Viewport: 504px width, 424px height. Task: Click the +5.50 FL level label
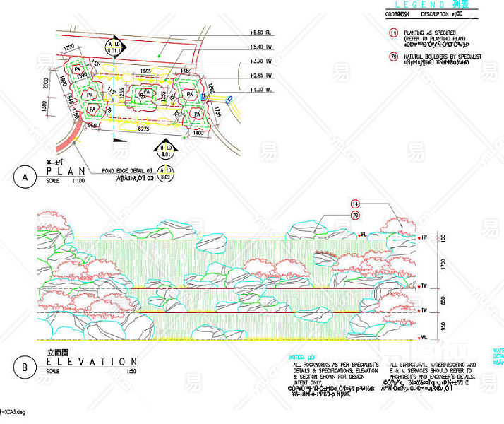(260, 33)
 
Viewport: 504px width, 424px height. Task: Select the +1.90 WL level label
(260, 90)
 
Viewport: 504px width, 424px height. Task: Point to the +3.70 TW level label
(260, 62)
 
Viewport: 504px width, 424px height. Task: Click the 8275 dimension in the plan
(143, 129)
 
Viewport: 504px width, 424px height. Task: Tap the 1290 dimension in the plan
(69, 47)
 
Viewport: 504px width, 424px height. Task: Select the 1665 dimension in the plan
(145, 71)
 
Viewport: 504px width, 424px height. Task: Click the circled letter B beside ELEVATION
(24, 367)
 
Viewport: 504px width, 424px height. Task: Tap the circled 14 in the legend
(393, 33)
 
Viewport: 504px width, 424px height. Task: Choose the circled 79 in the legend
(393, 57)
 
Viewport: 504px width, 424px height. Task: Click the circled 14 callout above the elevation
(355, 204)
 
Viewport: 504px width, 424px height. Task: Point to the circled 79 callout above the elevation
(355, 214)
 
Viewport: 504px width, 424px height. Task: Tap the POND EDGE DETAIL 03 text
(127, 171)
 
